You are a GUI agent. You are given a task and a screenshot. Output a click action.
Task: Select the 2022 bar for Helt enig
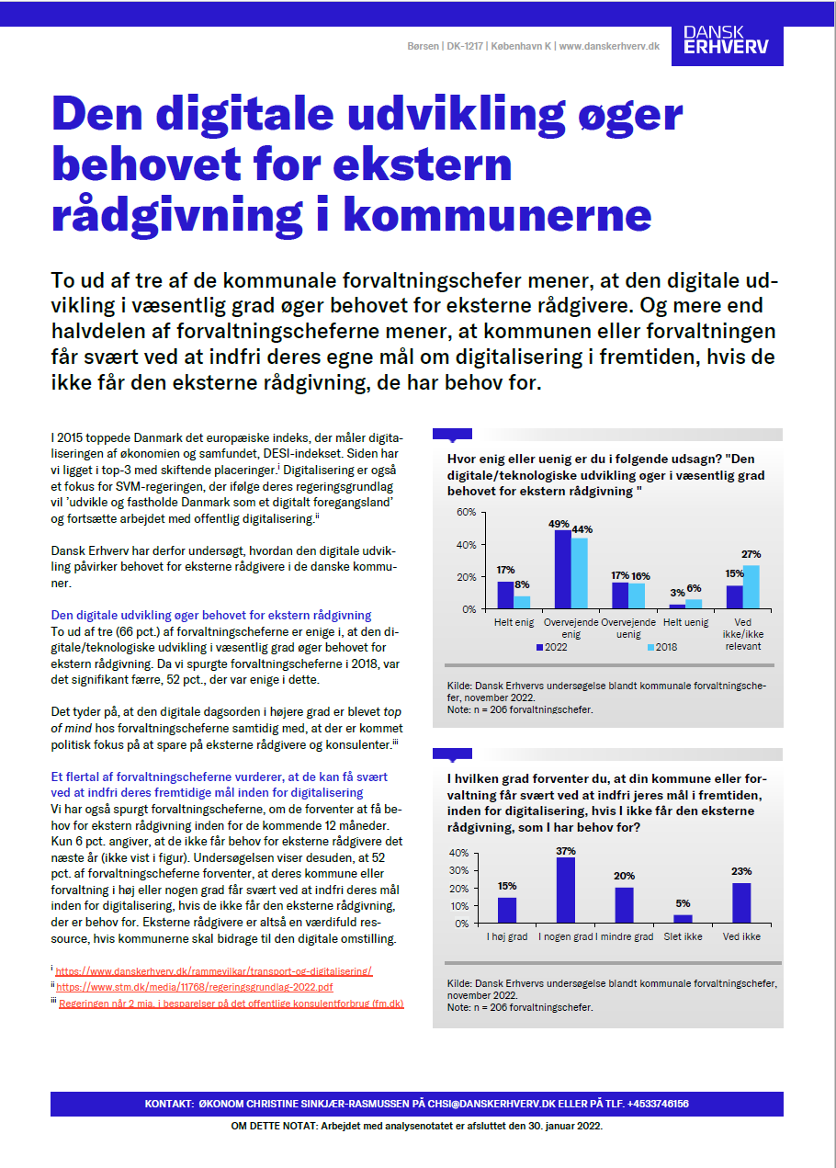(x=505, y=595)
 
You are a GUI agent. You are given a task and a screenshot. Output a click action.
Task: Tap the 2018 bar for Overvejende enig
(x=580, y=573)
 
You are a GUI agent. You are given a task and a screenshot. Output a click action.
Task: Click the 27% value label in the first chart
(x=751, y=554)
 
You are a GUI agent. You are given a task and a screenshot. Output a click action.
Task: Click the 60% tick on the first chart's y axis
(x=466, y=512)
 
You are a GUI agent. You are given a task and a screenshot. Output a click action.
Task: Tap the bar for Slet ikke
(x=683, y=918)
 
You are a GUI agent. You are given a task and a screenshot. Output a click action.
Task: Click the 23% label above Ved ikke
(x=741, y=871)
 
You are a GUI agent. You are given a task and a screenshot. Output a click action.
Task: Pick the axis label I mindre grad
(x=625, y=936)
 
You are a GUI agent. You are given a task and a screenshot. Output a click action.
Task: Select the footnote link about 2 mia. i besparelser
(x=231, y=1004)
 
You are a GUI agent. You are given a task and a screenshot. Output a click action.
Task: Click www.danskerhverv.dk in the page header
(x=609, y=46)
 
